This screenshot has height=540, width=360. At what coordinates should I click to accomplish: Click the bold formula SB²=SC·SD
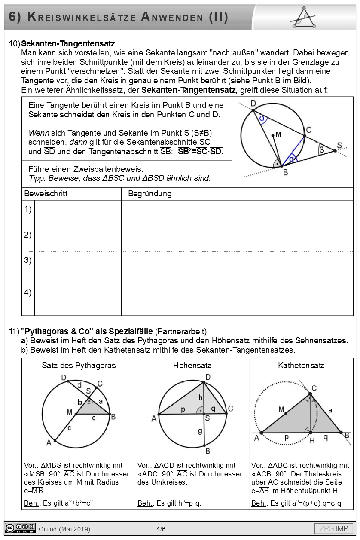[201, 151]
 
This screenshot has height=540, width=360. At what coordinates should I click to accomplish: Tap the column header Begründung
[149, 194]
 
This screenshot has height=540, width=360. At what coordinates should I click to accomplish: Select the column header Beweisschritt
[46, 194]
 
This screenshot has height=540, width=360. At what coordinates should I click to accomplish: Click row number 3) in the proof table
[28, 260]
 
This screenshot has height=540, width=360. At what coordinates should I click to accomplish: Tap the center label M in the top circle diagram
[278, 135]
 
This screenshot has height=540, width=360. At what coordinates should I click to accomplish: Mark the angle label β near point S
[321, 149]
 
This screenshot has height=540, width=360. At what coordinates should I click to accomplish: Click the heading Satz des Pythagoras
[79, 366]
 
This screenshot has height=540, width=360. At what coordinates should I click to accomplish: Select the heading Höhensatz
[192, 366]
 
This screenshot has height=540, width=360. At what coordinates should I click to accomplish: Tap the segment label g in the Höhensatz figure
[200, 430]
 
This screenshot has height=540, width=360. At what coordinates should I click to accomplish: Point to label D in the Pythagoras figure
[64, 378]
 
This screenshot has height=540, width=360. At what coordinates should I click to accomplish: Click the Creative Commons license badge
[20, 528]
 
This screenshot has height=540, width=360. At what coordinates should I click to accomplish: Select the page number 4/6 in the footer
[161, 529]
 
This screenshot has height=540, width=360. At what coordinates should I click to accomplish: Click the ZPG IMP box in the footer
[334, 528]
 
